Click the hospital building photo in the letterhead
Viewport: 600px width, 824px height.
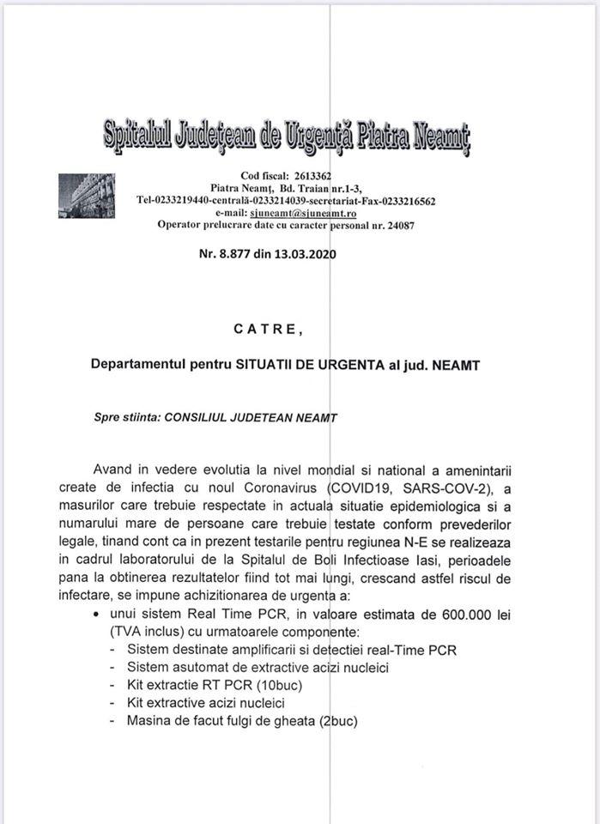point(86,197)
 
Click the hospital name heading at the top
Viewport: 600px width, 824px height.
point(288,136)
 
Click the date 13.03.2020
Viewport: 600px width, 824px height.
point(302,254)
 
